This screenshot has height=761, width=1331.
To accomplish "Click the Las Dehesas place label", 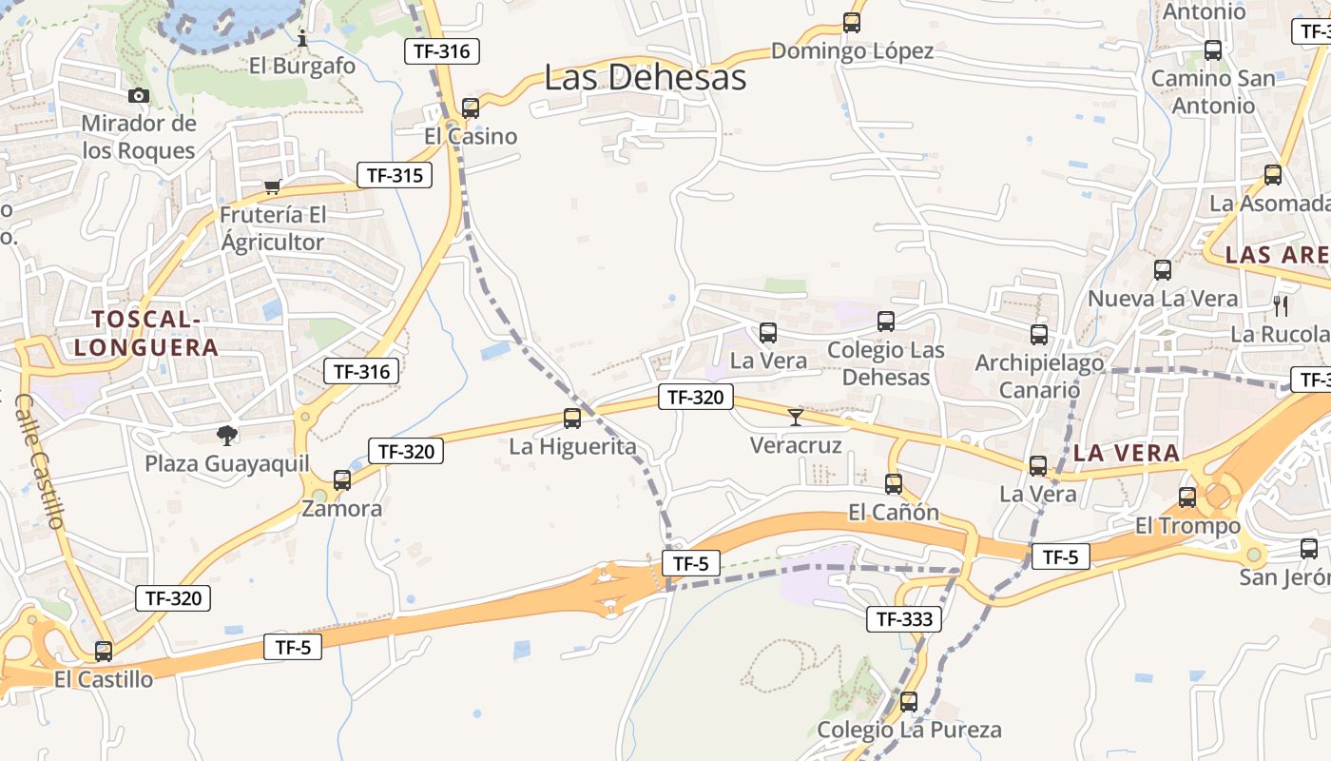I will [645, 78].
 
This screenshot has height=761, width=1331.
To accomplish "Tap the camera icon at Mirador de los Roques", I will [139, 95].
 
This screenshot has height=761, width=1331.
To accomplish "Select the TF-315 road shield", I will [395, 175].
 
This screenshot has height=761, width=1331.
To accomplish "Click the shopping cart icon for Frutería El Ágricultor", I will [273, 186].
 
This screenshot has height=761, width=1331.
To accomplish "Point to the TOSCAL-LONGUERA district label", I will [146, 333].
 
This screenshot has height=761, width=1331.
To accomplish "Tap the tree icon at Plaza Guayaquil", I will [226, 436].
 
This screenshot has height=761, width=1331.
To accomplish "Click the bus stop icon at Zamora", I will [342, 480].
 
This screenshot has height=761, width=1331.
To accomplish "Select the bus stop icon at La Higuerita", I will [572, 418].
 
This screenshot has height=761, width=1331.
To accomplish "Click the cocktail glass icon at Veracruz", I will [796, 417].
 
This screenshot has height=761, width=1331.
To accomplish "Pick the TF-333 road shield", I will [904, 619].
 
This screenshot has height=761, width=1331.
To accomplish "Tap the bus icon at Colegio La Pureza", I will [909, 702].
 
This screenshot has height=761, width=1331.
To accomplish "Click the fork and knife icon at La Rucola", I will [1281, 305].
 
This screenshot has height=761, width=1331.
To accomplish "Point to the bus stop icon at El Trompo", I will [1187, 497].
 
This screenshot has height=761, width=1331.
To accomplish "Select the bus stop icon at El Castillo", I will [104, 652].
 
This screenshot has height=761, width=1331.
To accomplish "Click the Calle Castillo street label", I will [41, 460].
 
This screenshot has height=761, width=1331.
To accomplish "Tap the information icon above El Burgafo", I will [302, 38].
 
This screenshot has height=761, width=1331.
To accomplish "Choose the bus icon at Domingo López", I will [852, 23].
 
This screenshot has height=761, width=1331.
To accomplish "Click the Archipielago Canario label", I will [1039, 376].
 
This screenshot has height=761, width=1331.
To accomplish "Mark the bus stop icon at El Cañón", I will [894, 483].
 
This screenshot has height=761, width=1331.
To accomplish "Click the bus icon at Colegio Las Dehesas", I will [886, 322].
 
